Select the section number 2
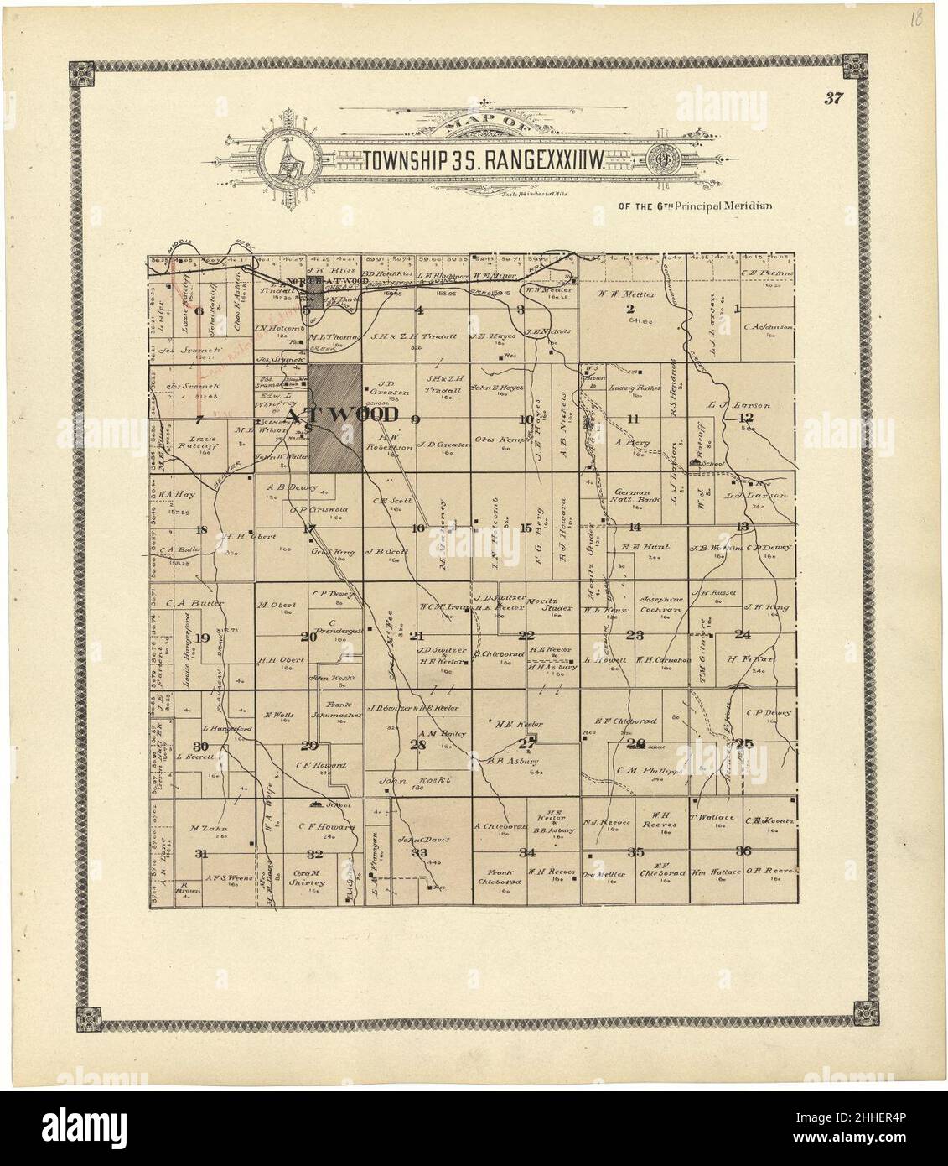630,308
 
